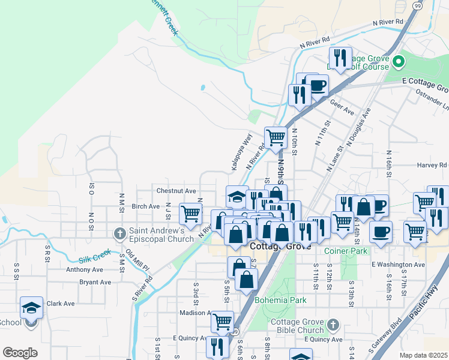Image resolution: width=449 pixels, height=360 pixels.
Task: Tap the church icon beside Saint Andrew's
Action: tap(119, 232)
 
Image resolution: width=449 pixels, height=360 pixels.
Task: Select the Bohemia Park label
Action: tap(280, 300)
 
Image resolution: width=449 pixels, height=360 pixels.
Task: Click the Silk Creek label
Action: tap(94, 257)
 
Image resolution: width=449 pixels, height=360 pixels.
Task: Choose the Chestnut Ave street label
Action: tap(176, 191)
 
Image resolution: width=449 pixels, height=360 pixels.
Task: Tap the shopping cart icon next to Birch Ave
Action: tap(190, 214)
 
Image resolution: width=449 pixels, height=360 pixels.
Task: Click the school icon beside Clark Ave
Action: tap(31, 308)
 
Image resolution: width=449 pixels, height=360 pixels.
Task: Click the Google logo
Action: tap(20, 353)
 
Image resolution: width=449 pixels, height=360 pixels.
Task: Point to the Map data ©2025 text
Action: tap(424, 355)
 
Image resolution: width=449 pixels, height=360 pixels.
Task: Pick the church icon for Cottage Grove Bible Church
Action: tap(333, 326)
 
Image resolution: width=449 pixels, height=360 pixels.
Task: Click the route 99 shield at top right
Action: tap(418, 4)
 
